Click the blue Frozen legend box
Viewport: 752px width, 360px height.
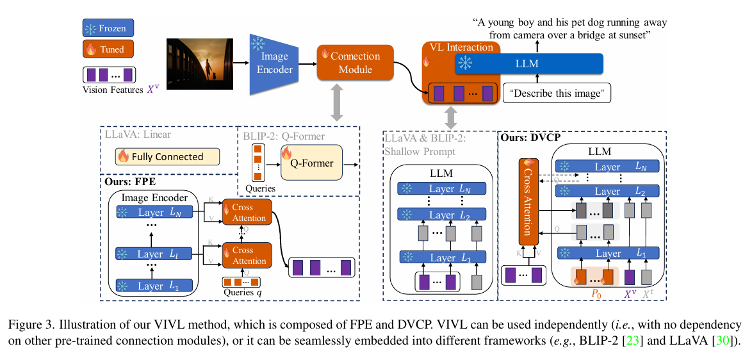108,28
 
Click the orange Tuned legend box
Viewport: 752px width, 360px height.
108,49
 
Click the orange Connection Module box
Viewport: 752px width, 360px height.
355,63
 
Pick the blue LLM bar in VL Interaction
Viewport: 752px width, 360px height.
529,63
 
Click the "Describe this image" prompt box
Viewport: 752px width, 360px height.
557,94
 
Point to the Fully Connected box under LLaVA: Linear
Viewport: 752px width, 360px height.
167,156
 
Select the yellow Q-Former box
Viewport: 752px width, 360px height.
311,163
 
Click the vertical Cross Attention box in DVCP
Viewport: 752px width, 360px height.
528,202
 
